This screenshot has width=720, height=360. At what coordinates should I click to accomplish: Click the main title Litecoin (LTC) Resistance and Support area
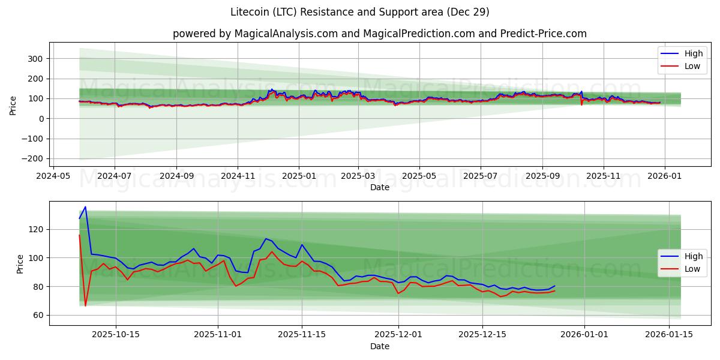pos(360,12)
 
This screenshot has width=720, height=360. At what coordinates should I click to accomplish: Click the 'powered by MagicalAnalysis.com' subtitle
pos(379,34)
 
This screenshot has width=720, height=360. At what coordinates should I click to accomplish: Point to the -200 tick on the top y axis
pos(32,158)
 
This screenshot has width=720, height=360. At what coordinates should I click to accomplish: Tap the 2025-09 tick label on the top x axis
pos(542,176)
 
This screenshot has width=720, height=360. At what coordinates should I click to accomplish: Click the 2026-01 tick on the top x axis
pos(664,176)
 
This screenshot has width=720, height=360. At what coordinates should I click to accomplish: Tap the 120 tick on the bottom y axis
pos(36,229)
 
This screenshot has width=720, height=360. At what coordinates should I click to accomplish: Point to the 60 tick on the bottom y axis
pos(38,315)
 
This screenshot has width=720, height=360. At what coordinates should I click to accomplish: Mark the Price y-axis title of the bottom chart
pos(20,263)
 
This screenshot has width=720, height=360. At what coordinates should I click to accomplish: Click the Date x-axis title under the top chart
pos(379,187)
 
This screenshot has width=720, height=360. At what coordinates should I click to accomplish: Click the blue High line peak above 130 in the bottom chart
pos(85,207)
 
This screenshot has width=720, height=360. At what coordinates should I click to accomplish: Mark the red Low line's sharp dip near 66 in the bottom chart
pos(85,305)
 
